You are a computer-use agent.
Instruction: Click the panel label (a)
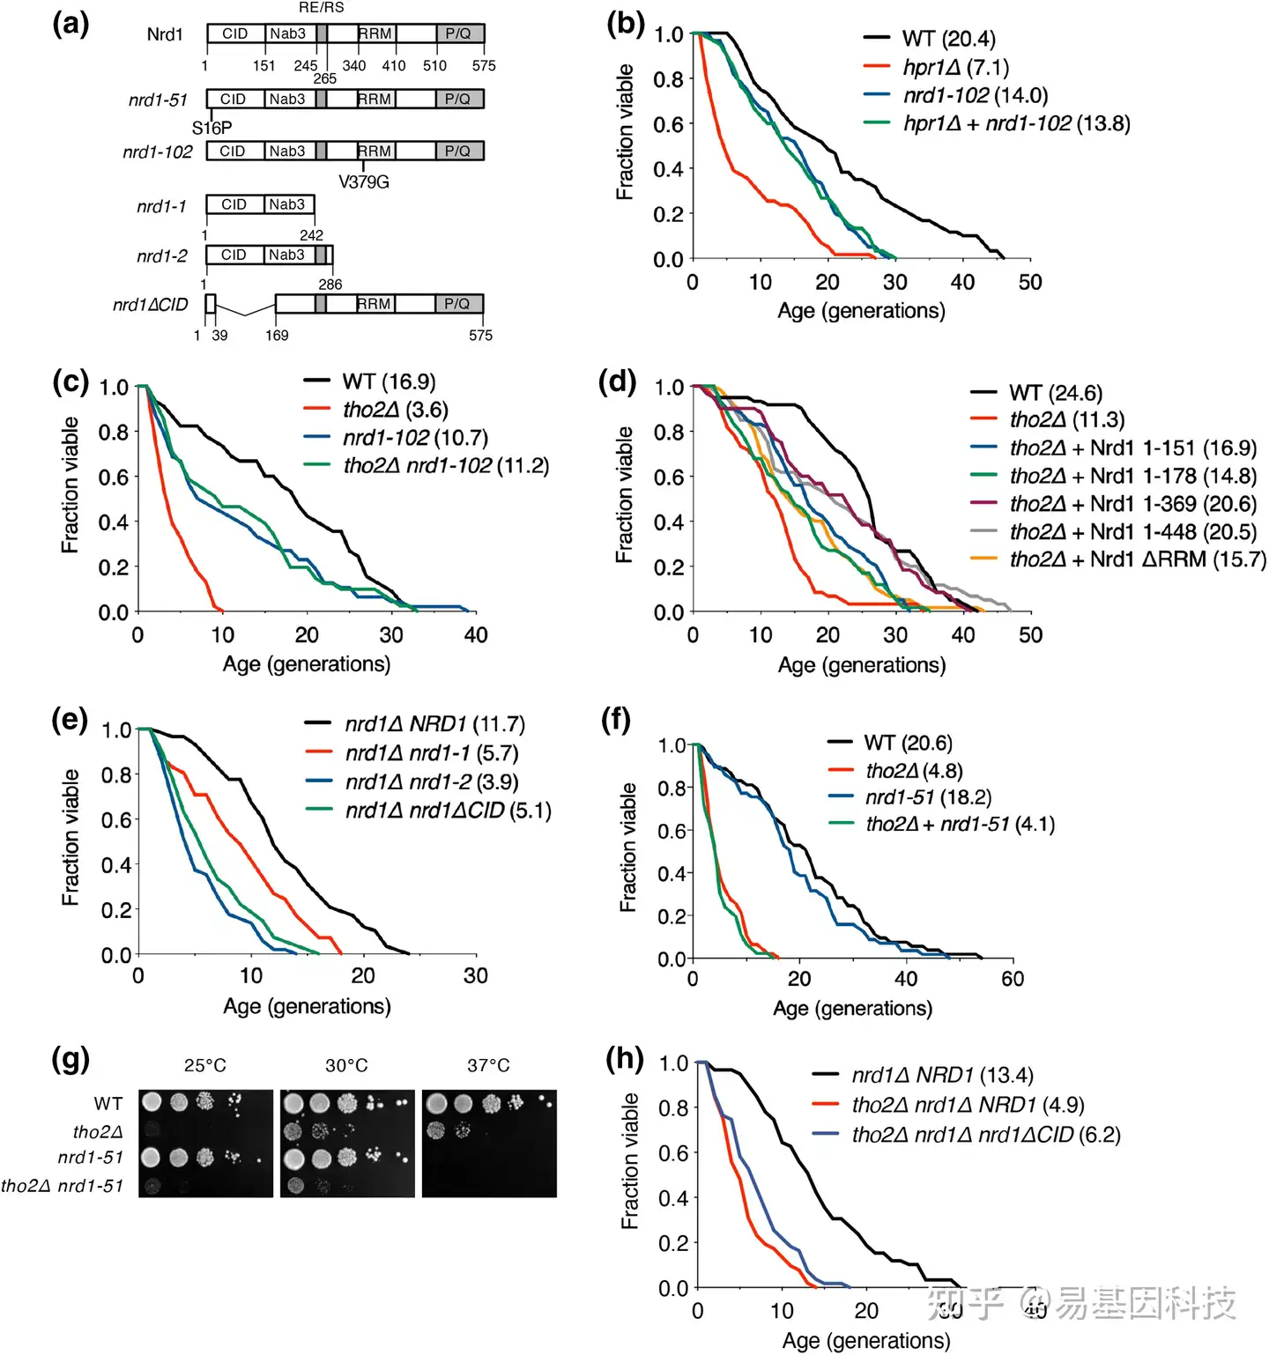(x=70, y=24)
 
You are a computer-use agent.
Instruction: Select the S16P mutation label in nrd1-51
(x=211, y=128)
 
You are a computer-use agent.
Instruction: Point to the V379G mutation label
(x=363, y=181)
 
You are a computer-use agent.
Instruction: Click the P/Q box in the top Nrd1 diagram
(x=459, y=33)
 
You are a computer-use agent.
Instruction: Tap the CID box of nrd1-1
(x=234, y=204)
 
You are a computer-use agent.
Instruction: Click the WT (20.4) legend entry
(x=948, y=39)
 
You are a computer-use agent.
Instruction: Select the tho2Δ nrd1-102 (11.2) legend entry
(x=446, y=465)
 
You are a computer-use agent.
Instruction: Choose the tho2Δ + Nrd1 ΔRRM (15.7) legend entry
(x=1137, y=559)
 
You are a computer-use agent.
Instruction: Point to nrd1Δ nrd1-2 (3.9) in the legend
(x=432, y=781)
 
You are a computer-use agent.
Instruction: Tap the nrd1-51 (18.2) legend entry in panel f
(x=928, y=797)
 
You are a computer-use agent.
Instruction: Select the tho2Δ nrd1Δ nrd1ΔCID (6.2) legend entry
(x=985, y=1135)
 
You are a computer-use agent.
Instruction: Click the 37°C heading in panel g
(x=488, y=1065)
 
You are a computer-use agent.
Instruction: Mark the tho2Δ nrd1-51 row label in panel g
(x=62, y=1186)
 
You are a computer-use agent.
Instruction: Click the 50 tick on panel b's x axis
(x=1030, y=282)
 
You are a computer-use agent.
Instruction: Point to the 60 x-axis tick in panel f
(x=1013, y=978)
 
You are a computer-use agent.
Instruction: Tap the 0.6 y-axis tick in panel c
(x=114, y=478)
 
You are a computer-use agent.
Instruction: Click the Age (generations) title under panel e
(x=307, y=1006)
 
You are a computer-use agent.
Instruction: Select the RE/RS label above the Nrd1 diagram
(x=322, y=8)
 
